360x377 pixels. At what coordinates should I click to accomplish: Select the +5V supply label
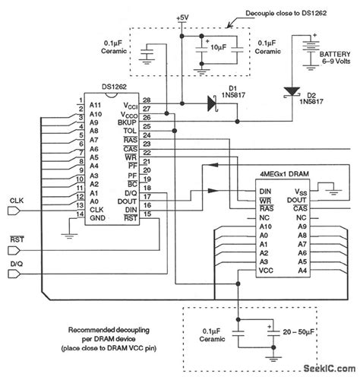point(183,17)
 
